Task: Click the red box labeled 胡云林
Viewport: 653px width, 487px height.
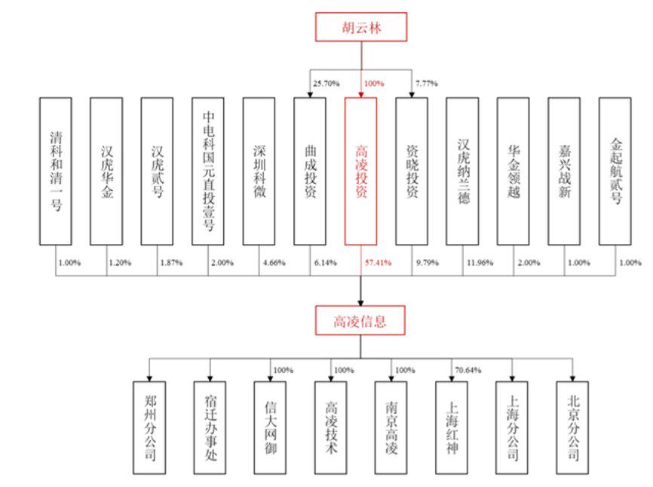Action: click(x=361, y=27)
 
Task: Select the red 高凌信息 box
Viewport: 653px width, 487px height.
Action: click(x=360, y=320)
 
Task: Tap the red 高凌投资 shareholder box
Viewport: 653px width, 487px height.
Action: click(x=360, y=171)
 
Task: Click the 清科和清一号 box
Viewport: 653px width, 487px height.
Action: click(x=56, y=171)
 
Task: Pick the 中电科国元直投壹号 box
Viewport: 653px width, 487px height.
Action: click(x=208, y=171)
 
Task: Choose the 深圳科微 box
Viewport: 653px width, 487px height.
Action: click(x=259, y=171)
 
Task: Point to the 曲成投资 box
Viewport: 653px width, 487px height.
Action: click(x=310, y=171)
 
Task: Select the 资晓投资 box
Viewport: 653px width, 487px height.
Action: click(x=412, y=171)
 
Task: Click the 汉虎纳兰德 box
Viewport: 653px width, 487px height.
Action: click(x=463, y=171)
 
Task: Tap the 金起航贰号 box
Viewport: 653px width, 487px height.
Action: click(x=615, y=171)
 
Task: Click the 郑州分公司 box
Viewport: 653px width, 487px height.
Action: click(x=149, y=428)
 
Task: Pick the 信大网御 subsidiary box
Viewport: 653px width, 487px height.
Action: click(x=270, y=428)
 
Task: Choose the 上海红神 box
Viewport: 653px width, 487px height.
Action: click(x=452, y=428)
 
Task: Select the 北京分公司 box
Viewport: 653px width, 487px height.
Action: click(x=572, y=428)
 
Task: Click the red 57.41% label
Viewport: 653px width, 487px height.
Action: click(x=378, y=263)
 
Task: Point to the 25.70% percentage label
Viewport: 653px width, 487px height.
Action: click(x=326, y=83)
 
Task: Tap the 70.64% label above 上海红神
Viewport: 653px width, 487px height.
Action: click(x=468, y=370)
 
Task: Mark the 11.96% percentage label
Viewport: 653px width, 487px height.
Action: click(x=480, y=263)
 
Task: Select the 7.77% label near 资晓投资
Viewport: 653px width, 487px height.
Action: click(x=427, y=83)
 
